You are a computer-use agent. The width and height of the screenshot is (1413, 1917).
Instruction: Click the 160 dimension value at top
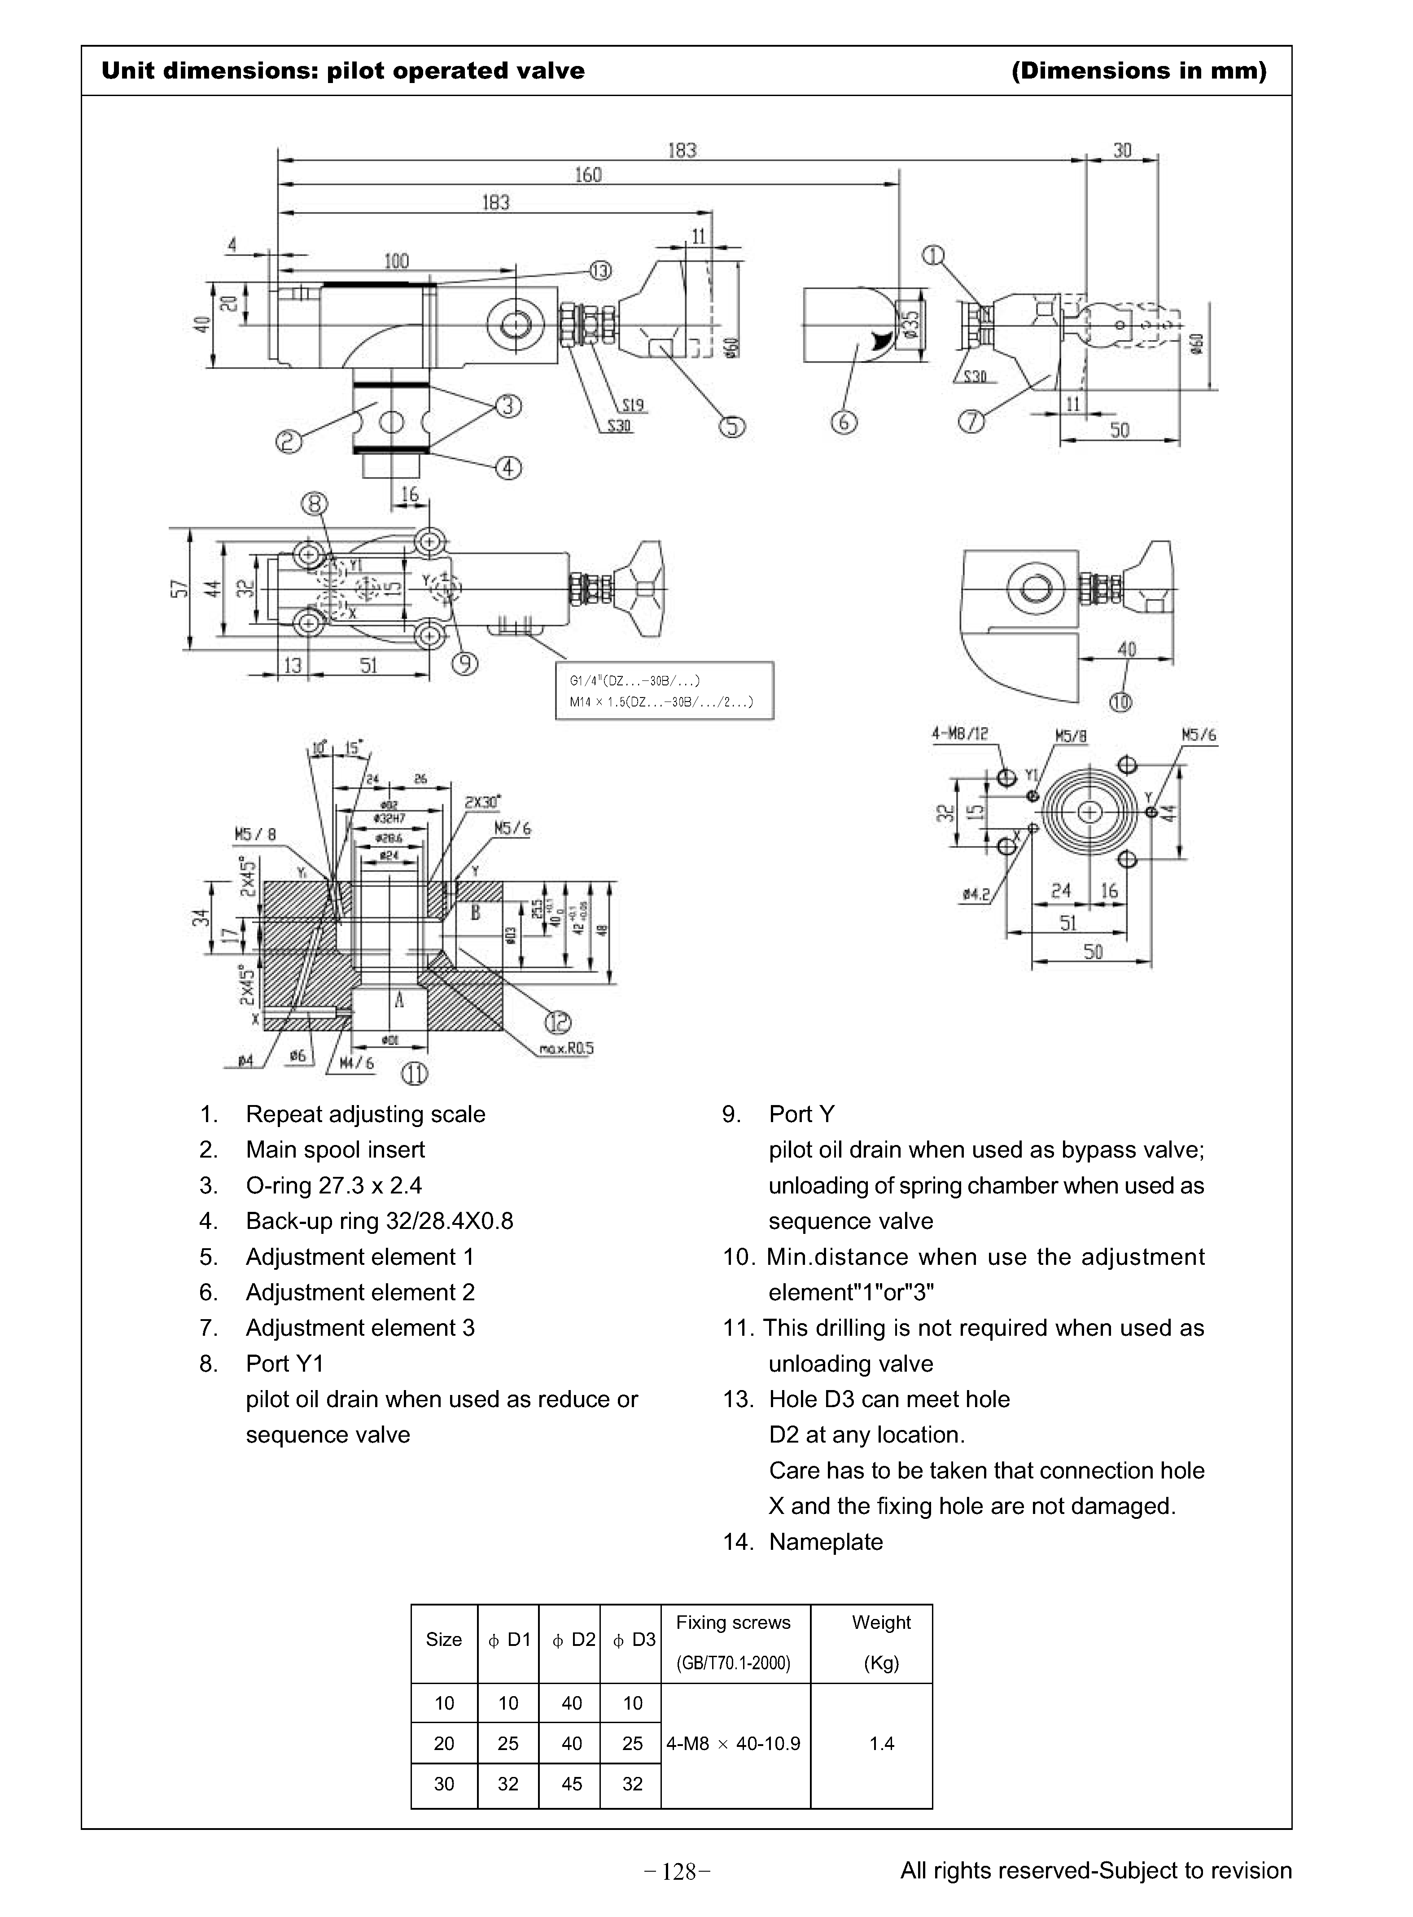(x=588, y=175)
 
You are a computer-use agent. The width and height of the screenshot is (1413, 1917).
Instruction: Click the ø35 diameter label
(x=912, y=325)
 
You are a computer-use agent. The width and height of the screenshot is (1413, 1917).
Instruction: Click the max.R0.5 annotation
(x=566, y=1049)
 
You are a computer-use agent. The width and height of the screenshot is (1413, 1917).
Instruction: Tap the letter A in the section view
(x=398, y=999)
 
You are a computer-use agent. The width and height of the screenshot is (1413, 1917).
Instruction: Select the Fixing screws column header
(x=733, y=1623)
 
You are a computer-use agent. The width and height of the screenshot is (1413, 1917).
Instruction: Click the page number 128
(x=678, y=1873)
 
